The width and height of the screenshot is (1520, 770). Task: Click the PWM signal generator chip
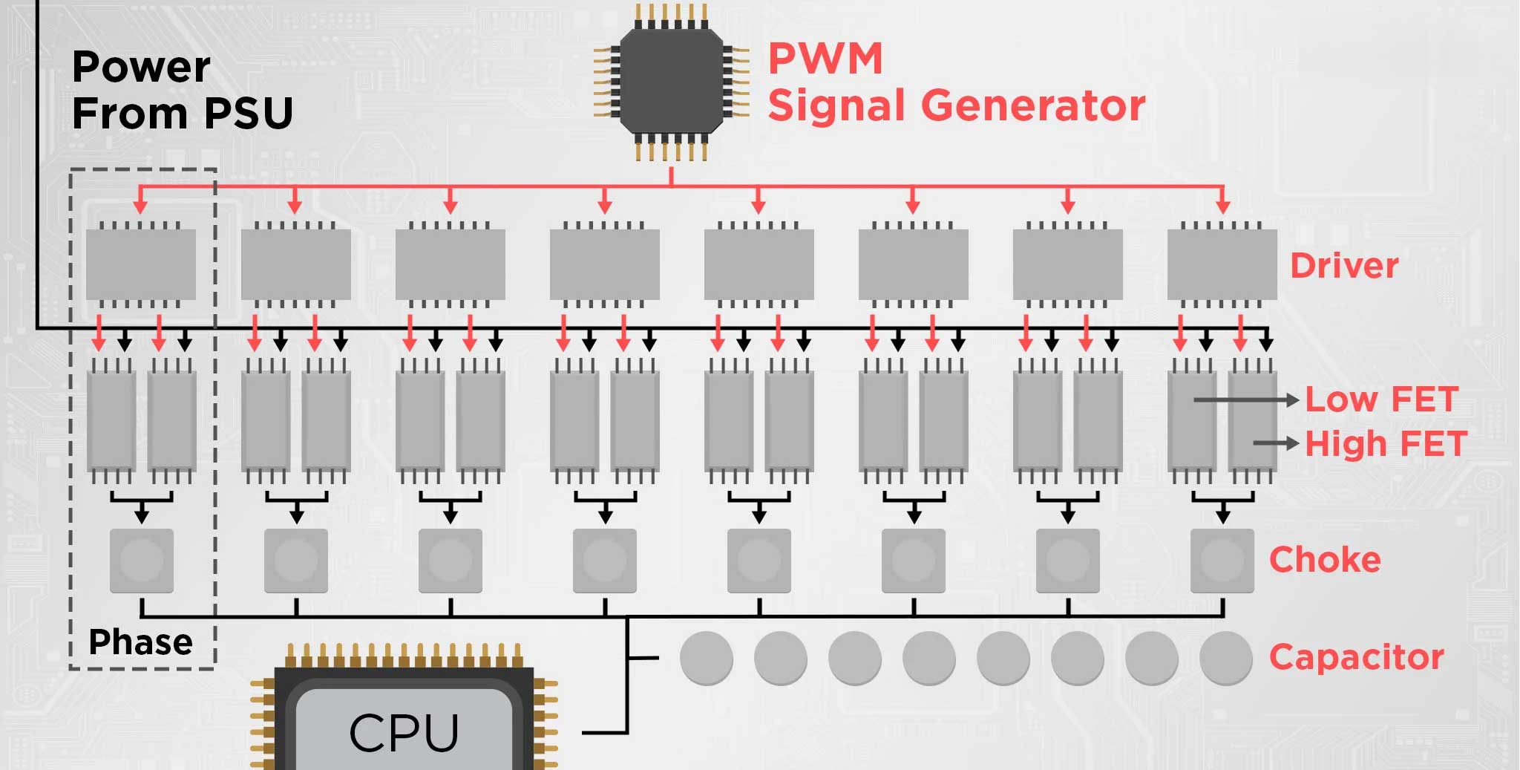(671, 82)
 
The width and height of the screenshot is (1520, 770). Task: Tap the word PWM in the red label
(825, 58)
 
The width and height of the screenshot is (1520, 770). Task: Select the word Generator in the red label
(1033, 105)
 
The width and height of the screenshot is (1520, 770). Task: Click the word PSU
(249, 113)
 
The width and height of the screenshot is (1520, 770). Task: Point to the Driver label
(1344, 265)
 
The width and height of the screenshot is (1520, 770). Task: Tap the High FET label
(1386, 443)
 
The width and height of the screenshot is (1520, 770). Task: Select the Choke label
(1325, 559)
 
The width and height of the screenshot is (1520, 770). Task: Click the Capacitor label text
(1357, 657)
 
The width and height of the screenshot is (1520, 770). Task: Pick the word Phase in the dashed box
(140, 642)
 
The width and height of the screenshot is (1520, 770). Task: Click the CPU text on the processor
(404, 733)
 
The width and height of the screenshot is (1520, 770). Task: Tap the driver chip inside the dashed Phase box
(141, 264)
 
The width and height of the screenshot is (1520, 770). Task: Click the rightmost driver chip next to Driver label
(1222, 264)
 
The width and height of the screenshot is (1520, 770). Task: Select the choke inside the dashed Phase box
(142, 561)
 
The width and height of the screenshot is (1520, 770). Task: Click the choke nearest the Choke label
(1222, 561)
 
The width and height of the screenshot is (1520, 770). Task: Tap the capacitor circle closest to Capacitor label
(1226, 658)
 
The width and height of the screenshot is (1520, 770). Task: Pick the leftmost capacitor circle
(707, 658)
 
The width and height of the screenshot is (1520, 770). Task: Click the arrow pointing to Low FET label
(1246, 399)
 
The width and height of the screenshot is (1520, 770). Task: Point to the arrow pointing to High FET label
(1276, 443)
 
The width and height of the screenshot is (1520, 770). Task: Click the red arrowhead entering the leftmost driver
(141, 206)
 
